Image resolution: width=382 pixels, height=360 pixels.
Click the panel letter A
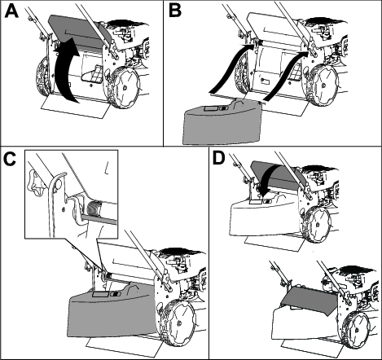click(11, 11)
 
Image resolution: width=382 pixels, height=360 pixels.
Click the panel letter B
click(175, 11)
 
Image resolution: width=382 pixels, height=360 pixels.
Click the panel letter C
click(11, 159)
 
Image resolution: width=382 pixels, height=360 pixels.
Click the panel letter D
click(219, 159)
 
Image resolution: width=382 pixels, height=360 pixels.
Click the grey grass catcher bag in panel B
click(222, 122)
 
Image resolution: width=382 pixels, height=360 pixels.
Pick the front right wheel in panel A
click(125, 86)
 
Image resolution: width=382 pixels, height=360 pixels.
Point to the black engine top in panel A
click(128, 24)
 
